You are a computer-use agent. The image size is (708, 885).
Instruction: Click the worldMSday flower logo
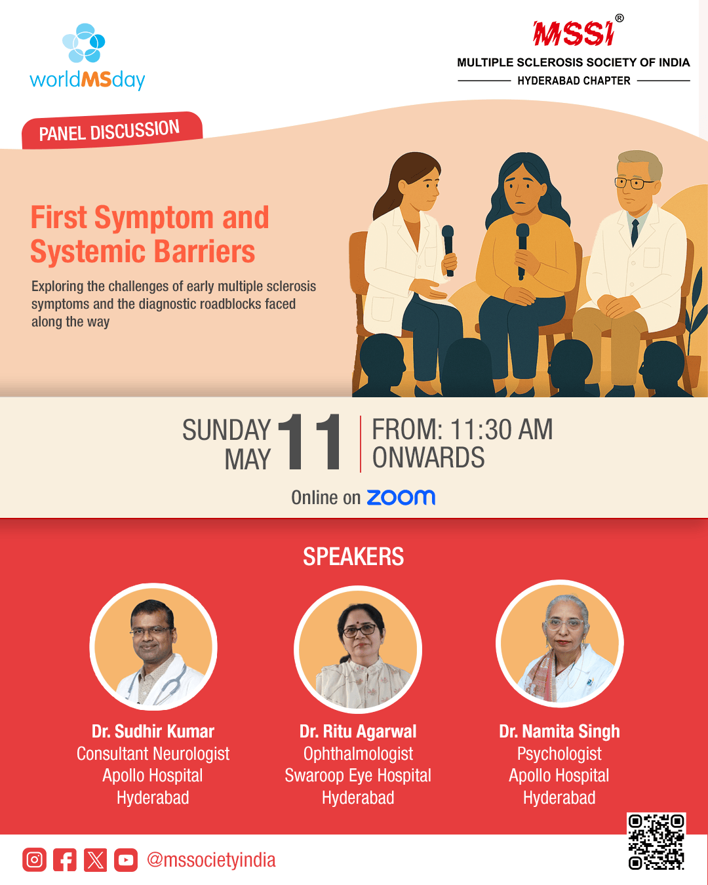83,43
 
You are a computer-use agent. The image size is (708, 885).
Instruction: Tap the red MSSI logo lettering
573,33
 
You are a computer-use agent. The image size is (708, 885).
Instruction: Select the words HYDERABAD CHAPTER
574,81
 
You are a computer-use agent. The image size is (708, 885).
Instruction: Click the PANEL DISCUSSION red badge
112,130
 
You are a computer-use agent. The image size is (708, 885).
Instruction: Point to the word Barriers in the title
205,251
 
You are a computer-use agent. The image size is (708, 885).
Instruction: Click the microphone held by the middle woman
522,250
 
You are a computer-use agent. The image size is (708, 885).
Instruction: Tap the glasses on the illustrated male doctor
633,183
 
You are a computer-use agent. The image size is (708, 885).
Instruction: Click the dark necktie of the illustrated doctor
635,232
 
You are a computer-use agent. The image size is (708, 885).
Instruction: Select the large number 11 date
309,441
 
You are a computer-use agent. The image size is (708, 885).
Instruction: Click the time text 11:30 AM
501,429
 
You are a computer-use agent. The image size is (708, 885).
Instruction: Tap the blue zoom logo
401,497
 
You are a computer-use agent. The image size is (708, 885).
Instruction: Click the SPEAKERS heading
353,557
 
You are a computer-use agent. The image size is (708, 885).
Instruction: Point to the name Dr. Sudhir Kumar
153,732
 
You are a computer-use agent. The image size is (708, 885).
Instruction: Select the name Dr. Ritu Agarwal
358,732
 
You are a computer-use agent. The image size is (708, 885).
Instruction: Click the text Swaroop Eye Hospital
358,776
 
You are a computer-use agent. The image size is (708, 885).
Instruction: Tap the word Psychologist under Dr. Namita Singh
559,754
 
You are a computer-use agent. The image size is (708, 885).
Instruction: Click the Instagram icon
35,859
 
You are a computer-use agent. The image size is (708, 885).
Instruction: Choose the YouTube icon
126,859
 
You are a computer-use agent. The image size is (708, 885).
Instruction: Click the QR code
656,841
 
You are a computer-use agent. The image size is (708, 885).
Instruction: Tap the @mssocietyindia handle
211,860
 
